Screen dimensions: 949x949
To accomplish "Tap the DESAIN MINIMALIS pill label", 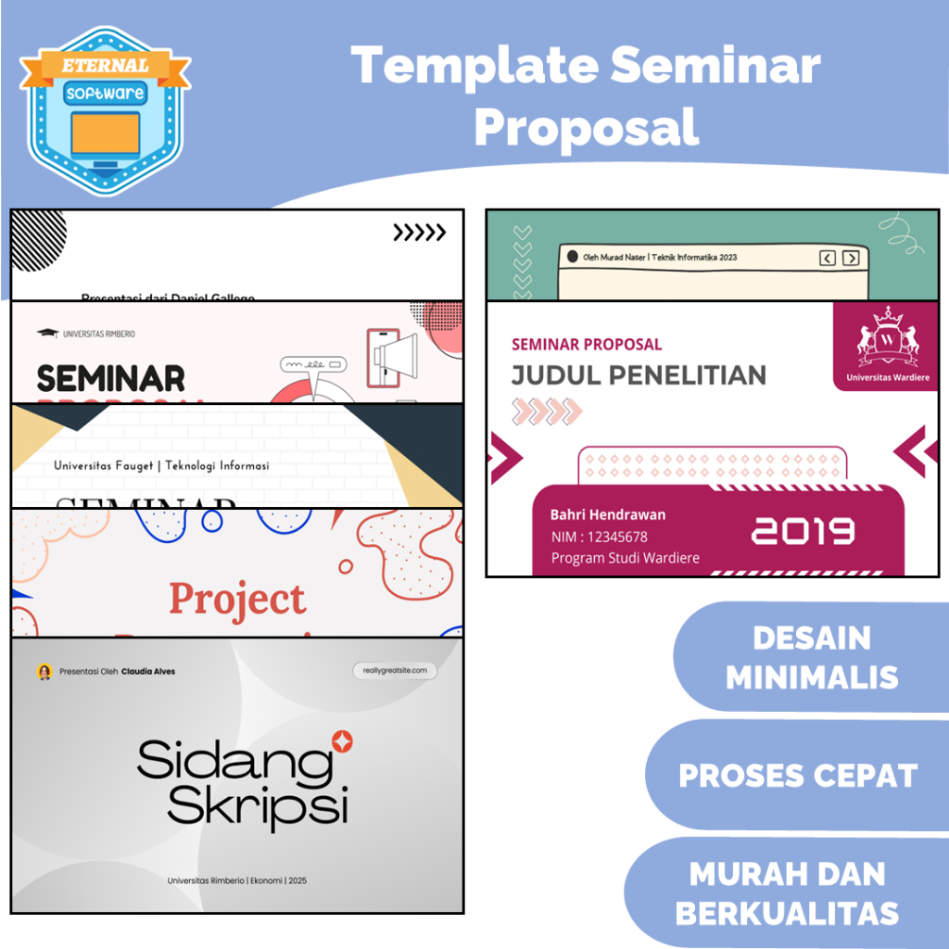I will (x=812, y=657).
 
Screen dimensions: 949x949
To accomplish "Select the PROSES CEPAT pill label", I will (x=798, y=776).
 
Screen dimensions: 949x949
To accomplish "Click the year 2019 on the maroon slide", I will (x=803, y=531).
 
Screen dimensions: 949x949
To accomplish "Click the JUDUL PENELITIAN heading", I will (x=639, y=375).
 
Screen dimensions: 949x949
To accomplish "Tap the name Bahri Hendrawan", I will (x=608, y=514).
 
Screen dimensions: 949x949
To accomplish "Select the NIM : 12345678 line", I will (x=599, y=537).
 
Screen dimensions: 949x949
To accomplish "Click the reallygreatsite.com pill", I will (x=394, y=670).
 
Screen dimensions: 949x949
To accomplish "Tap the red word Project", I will (x=237, y=600).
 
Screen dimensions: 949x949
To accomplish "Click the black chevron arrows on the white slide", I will (x=419, y=233).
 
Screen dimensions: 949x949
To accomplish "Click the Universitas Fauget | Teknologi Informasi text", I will (x=161, y=465).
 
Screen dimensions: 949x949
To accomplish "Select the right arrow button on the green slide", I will (x=851, y=259).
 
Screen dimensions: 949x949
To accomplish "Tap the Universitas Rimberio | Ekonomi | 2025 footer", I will (x=237, y=880).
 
